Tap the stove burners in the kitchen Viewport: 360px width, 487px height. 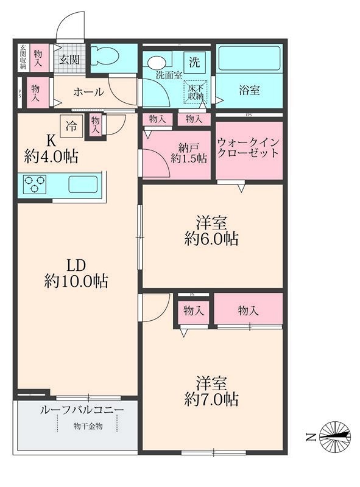35,184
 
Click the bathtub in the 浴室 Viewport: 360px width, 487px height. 249,59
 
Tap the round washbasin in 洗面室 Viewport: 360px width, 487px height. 157,61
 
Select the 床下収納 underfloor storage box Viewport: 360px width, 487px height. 194,92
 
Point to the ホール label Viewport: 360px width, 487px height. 88,93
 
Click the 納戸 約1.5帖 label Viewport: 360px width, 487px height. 188,152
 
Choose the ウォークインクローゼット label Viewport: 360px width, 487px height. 249,148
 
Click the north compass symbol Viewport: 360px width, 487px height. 335,436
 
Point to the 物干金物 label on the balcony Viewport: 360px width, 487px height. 88,426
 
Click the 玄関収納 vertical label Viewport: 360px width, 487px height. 23,57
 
